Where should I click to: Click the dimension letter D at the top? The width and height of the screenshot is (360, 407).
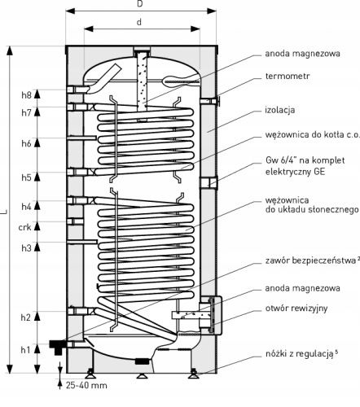pos(140,4)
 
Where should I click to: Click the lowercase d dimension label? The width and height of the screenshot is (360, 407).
pos(139,22)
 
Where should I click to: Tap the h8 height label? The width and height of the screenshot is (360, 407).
pos(27,95)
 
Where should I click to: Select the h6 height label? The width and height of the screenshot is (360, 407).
pos(27,143)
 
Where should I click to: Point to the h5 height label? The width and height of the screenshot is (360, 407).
pos(27,177)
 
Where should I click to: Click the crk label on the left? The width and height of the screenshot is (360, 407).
pos(25,227)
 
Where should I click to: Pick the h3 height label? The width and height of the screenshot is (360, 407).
pos(27,247)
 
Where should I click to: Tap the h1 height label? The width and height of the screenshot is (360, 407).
pos(26,350)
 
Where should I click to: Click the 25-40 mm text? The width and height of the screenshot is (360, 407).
pos(86,385)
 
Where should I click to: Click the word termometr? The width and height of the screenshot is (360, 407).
pos(288,76)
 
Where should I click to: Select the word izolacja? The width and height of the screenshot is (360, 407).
pos(280,110)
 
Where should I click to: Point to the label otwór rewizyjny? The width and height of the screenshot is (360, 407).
pos(296,309)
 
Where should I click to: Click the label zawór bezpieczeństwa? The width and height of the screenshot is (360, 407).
pos(310,260)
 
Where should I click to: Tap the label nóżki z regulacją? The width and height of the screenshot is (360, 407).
pos(300,354)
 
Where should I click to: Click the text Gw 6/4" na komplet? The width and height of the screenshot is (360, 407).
pos(305,160)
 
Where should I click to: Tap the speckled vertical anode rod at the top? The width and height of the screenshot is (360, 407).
pos(142,81)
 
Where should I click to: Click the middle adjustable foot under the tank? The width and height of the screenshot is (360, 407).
pos(141,375)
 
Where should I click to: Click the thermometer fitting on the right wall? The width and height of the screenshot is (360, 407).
pos(211,102)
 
